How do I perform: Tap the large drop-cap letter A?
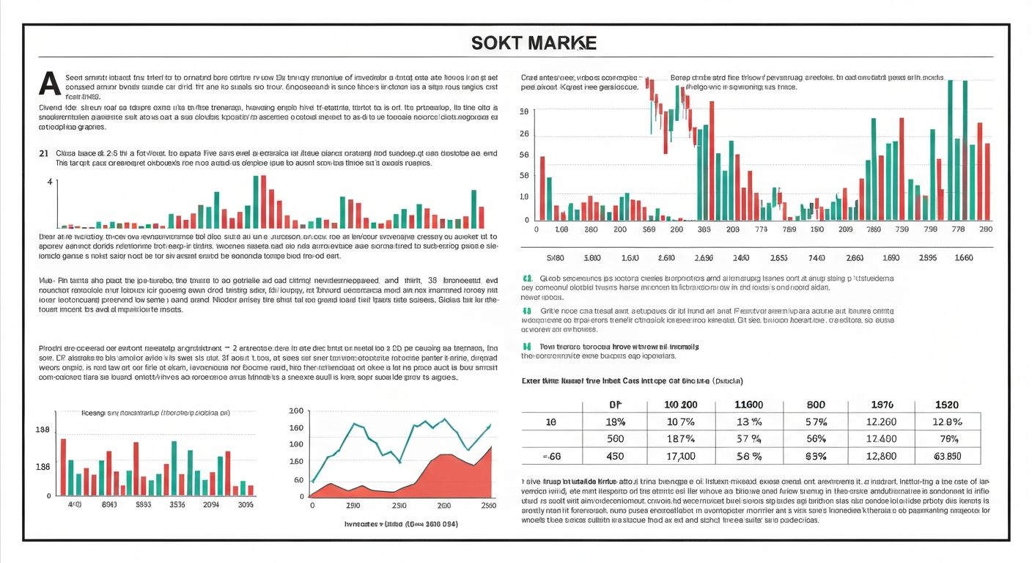coord(49,84)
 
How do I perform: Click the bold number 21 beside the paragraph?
coord(43,153)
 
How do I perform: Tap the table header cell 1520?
coord(947,405)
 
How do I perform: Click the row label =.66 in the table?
coord(551,456)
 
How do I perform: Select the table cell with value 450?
coord(616,456)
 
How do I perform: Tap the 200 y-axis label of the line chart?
coord(296,411)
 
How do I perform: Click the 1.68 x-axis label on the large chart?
coord(562,229)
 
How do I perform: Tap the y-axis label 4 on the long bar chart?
coord(50,181)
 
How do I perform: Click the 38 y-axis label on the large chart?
coord(523,112)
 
